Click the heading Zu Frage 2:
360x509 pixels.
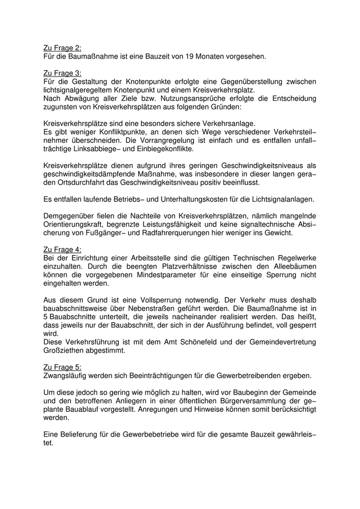point(62,47)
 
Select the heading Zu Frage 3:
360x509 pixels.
point(62,72)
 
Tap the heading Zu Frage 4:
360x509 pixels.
point(62,249)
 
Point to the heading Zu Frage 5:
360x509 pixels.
point(62,367)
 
